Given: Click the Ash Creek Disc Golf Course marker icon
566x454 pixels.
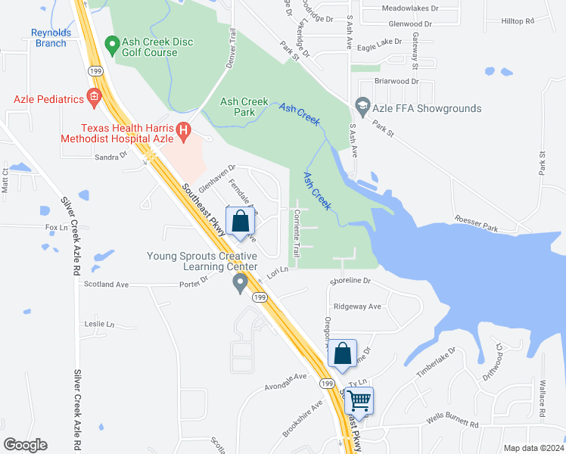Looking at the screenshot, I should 113,46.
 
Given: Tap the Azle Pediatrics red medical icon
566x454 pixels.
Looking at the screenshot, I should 94,98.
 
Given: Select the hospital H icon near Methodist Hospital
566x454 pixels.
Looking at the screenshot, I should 183,133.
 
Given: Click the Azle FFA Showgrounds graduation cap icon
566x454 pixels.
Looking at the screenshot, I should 362,104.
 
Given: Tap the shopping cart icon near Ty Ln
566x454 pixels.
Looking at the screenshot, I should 359,400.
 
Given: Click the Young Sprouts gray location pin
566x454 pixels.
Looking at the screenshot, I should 241,284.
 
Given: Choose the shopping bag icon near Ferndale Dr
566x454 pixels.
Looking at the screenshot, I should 241,222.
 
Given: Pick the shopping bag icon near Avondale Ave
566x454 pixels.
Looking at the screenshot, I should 343,353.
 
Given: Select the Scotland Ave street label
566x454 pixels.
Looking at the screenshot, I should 106,285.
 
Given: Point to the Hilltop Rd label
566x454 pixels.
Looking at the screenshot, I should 518,20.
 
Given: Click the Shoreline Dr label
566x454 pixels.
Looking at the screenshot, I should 350,281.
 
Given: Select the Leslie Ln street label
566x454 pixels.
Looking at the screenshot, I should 99,324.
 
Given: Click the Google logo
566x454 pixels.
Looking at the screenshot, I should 25,445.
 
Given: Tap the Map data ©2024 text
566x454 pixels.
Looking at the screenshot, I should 533,448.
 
